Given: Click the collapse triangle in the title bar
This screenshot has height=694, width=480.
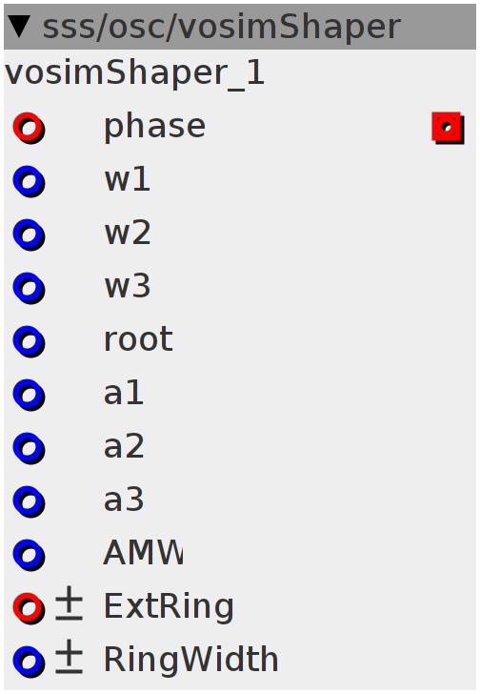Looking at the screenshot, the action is [19, 27].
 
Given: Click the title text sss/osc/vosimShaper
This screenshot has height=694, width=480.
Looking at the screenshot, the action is [222, 27].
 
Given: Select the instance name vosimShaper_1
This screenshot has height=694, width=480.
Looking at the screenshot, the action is [134, 73].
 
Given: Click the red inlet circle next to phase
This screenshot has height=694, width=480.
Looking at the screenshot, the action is [29, 127].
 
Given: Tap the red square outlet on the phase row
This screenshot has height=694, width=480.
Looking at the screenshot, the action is [448, 128].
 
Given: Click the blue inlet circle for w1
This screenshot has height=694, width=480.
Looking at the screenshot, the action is [29, 180].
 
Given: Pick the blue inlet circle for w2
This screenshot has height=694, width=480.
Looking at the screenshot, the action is [29, 235].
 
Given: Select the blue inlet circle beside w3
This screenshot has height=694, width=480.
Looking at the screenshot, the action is [29, 287].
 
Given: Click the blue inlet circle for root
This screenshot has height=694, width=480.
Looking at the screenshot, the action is [29, 341].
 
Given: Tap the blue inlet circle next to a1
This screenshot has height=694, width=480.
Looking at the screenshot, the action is [29, 395].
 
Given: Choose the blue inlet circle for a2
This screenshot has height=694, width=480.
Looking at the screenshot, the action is [29, 447].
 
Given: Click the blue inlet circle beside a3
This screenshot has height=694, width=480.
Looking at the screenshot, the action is [29, 501].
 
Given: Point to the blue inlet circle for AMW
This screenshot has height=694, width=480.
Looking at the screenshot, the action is [29, 554].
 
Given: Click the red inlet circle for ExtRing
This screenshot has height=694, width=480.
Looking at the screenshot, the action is [29, 607].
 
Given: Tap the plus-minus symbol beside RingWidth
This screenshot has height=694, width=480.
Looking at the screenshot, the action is [69, 657].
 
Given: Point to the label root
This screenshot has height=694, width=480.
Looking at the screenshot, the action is [138, 339].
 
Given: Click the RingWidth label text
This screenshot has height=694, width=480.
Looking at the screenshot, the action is [190, 660].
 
